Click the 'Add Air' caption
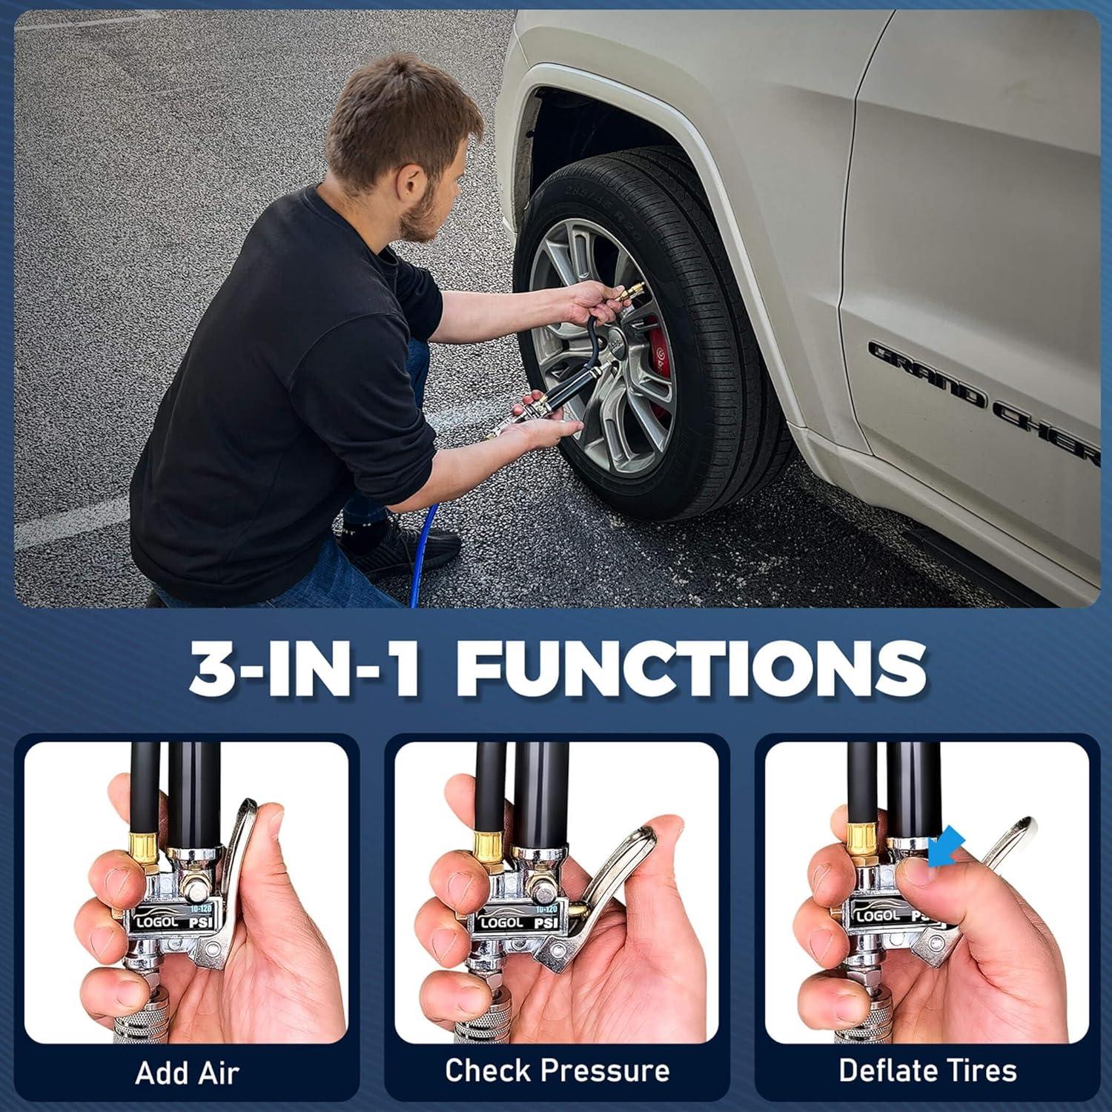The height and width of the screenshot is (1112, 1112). point(187,1073)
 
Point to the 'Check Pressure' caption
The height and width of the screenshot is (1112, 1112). point(557,1070)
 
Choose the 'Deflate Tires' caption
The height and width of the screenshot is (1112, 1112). point(927,1070)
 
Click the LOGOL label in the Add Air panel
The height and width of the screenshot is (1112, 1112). point(157,921)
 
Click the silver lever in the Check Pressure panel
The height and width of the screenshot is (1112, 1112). point(608,890)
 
